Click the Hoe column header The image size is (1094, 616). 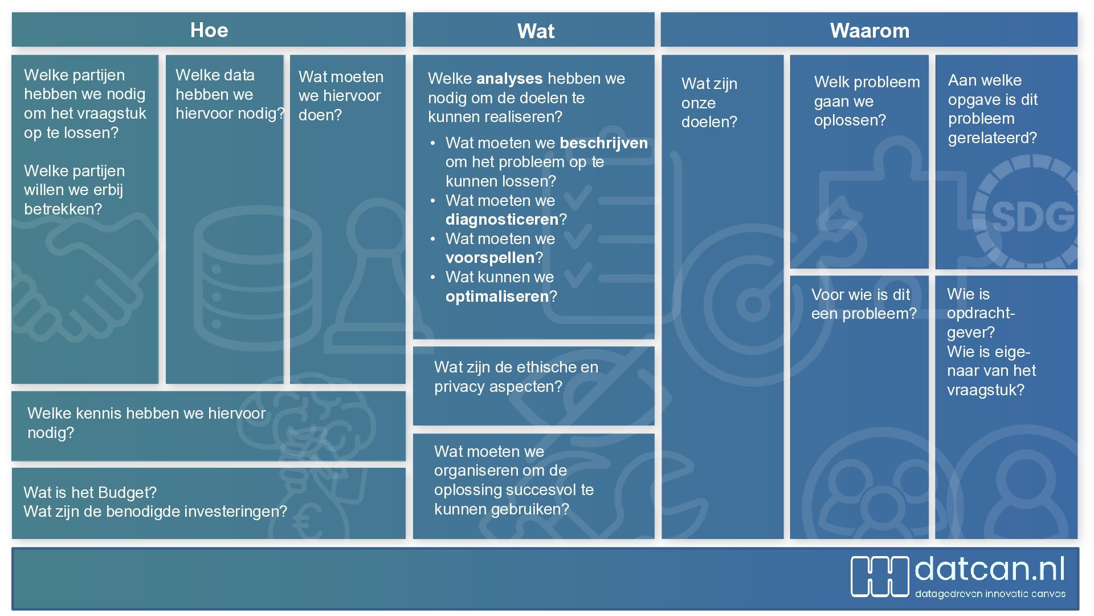point(209,30)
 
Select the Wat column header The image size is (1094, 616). point(536,31)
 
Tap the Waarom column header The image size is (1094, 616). point(870,30)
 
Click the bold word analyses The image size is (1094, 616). point(509,79)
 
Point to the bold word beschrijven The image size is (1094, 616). point(604,143)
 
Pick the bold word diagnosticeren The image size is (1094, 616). point(502,220)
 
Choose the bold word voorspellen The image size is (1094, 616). point(490,258)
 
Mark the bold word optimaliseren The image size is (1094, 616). point(497,297)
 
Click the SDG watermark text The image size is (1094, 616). point(1032,217)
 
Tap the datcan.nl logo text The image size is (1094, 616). point(990,569)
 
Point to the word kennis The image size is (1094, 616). point(100,414)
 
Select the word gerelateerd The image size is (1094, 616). point(993,138)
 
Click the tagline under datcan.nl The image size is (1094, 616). point(990,594)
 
